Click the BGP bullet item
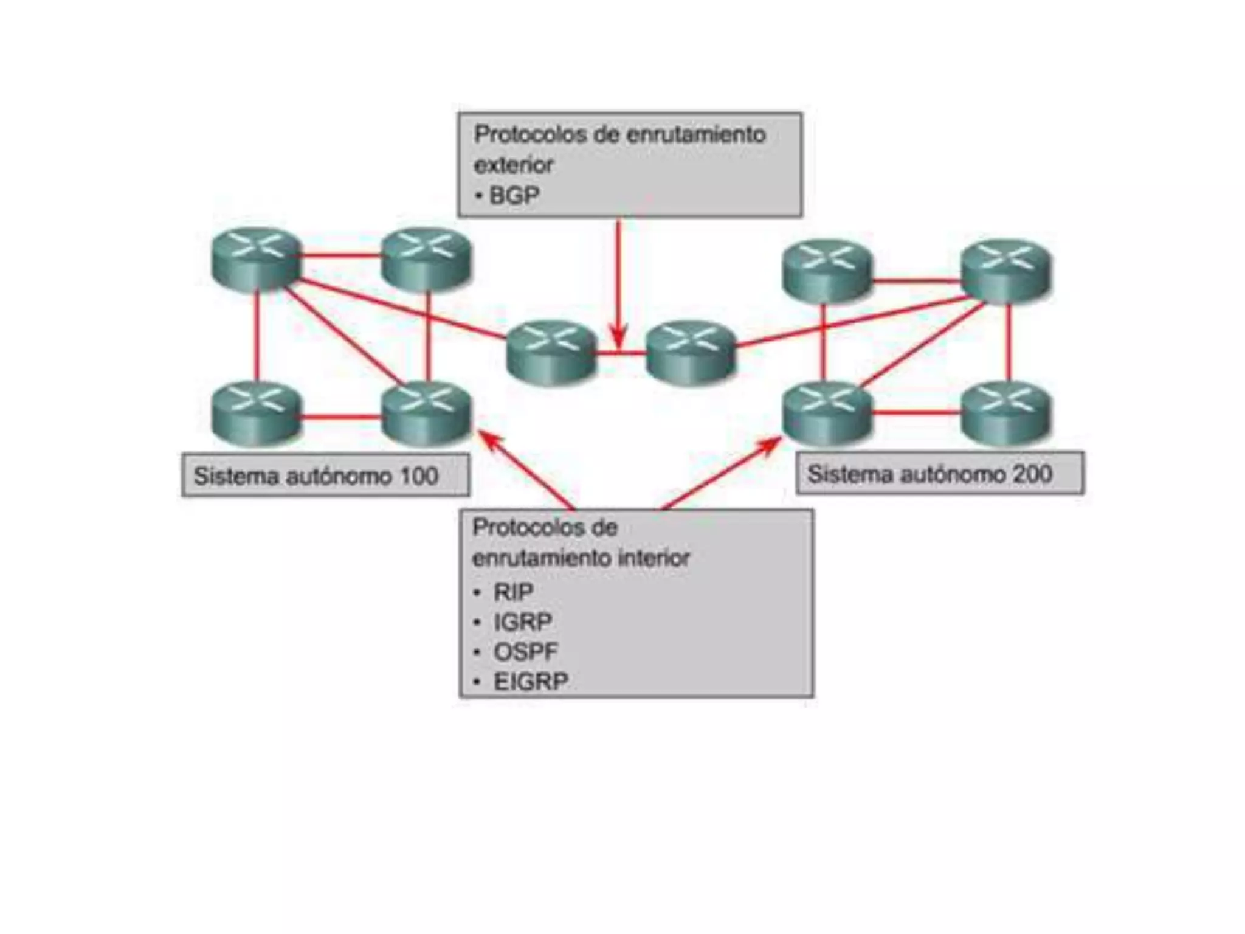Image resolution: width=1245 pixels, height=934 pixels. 514,196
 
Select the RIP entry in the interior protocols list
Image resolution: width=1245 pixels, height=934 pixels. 513,592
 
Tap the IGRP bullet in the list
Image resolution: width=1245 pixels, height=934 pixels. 522,622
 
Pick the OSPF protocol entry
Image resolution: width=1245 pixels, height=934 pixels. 525,652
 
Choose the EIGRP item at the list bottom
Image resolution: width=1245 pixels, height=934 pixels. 530,682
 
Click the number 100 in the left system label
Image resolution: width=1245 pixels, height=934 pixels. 418,476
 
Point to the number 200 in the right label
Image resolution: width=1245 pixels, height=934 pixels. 1032,474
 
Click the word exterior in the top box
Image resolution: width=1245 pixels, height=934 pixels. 514,165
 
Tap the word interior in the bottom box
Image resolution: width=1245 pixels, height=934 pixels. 654,558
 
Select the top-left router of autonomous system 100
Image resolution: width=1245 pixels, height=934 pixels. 256,258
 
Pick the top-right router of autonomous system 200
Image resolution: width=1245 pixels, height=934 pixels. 1006,271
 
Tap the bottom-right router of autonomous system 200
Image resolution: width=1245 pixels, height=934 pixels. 1006,412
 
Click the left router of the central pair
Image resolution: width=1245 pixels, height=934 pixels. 551,353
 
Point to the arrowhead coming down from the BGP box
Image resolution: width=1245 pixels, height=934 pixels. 618,337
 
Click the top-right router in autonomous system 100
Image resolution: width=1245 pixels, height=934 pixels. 426,258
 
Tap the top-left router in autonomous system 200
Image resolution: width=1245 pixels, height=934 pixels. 827,271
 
